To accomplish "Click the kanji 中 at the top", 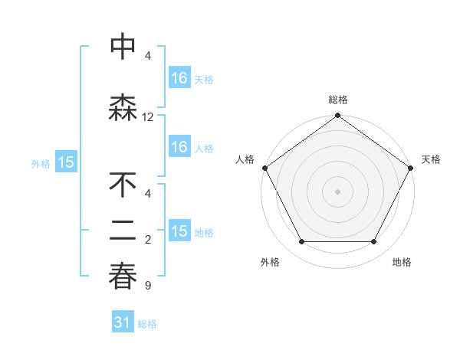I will (123, 47).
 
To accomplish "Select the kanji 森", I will (123, 107).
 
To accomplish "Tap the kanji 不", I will (123, 186).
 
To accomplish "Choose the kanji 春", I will (123, 276).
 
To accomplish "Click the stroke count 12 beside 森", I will (148, 117).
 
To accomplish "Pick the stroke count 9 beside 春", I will (147, 286).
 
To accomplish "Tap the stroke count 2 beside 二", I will (147, 241).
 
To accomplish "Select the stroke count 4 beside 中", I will (147, 56).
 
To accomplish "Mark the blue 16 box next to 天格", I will (179, 78).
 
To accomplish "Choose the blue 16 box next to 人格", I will (179, 147).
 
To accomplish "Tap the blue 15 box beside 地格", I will (179, 231).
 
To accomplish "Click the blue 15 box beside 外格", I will (66, 162).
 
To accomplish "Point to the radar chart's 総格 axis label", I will (337, 100).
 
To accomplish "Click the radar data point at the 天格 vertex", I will (411, 168).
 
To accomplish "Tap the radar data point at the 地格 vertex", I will (374, 242).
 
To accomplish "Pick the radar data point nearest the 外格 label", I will (301, 242).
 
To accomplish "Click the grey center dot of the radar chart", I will (337, 191).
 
